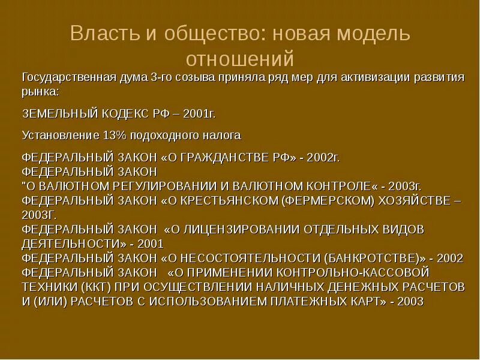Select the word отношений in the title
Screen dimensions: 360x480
pos(240,59)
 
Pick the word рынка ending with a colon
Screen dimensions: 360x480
pos(40,91)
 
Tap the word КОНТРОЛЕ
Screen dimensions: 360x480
pos(345,186)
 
